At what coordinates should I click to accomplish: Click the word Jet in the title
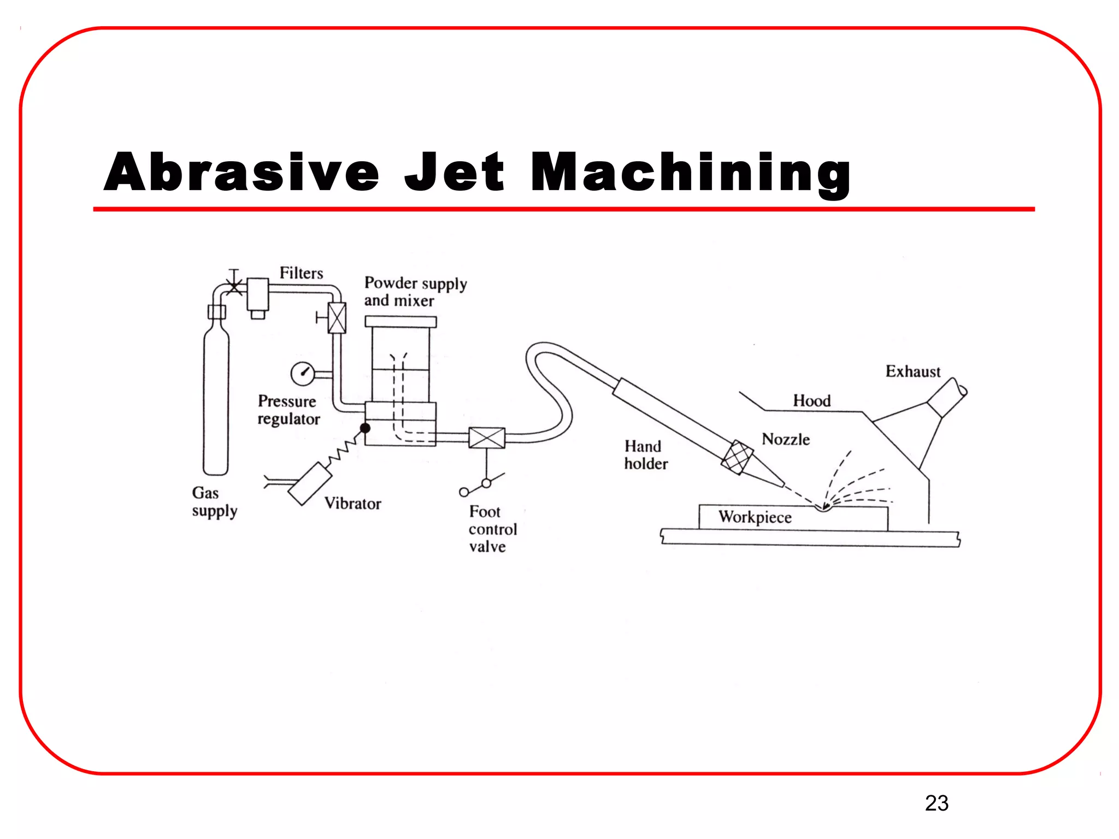(x=454, y=173)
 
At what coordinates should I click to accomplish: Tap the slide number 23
(x=937, y=803)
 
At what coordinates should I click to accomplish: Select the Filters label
(x=301, y=273)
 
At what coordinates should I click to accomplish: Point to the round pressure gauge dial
(x=302, y=374)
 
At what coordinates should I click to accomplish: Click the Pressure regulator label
(x=288, y=410)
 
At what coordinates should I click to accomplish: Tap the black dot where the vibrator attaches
(x=365, y=428)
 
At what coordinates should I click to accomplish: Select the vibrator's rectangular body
(x=310, y=483)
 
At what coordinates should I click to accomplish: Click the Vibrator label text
(x=352, y=504)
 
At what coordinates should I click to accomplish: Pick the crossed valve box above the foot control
(x=487, y=438)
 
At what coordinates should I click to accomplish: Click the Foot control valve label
(x=492, y=529)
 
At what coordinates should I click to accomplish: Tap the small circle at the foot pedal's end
(x=463, y=492)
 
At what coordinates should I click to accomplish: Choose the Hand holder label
(x=645, y=455)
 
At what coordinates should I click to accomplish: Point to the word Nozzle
(x=785, y=440)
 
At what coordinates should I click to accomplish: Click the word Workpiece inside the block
(x=755, y=517)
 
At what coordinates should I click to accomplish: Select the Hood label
(x=811, y=401)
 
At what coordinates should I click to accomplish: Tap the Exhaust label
(x=912, y=372)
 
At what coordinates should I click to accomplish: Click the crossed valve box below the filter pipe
(x=337, y=318)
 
